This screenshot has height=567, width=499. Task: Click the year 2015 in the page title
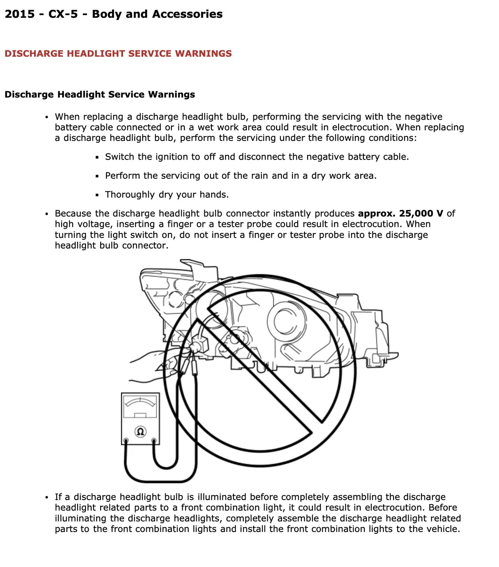tap(19, 14)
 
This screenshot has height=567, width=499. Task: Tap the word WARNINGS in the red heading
tap(203, 54)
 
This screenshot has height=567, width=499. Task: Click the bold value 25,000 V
tap(421, 214)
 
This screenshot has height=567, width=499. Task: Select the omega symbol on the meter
tap(140, 431)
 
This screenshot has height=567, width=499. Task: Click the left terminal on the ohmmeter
tap(126, 441)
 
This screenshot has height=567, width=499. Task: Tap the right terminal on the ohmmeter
tap(154, 441)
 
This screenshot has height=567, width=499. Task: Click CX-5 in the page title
tap(63, 14)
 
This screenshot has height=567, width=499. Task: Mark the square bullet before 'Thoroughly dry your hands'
tap(97, 195)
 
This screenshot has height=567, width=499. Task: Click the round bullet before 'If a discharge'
tap(47, 497)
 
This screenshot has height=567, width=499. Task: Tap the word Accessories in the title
tap(187, 14)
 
